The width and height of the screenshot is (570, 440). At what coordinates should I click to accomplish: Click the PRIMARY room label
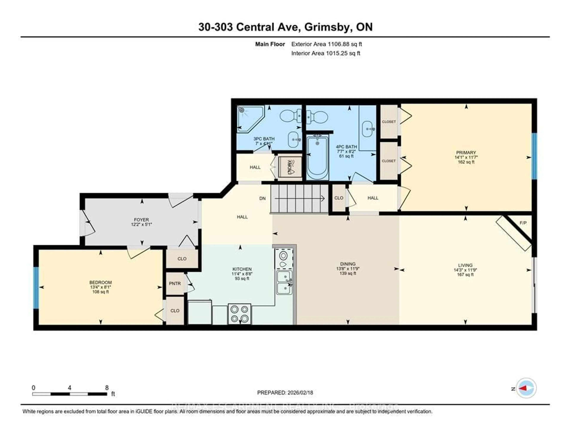pyautogui.click(x=466, y=152)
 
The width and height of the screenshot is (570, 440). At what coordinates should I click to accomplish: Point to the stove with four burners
pyautogui.click(x=239, y=314)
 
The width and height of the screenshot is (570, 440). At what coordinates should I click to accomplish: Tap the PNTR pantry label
pyautogui.click(x=175, y=283)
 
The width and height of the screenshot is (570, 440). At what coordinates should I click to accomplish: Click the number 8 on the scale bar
pyautogui.click(x=107, y=388)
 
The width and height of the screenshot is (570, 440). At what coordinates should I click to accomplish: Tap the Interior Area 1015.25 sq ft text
pyautogui.click(x=326, y=53)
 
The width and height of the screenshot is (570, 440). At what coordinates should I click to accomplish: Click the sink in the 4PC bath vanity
pyautogui.click(x=368, y=129)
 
